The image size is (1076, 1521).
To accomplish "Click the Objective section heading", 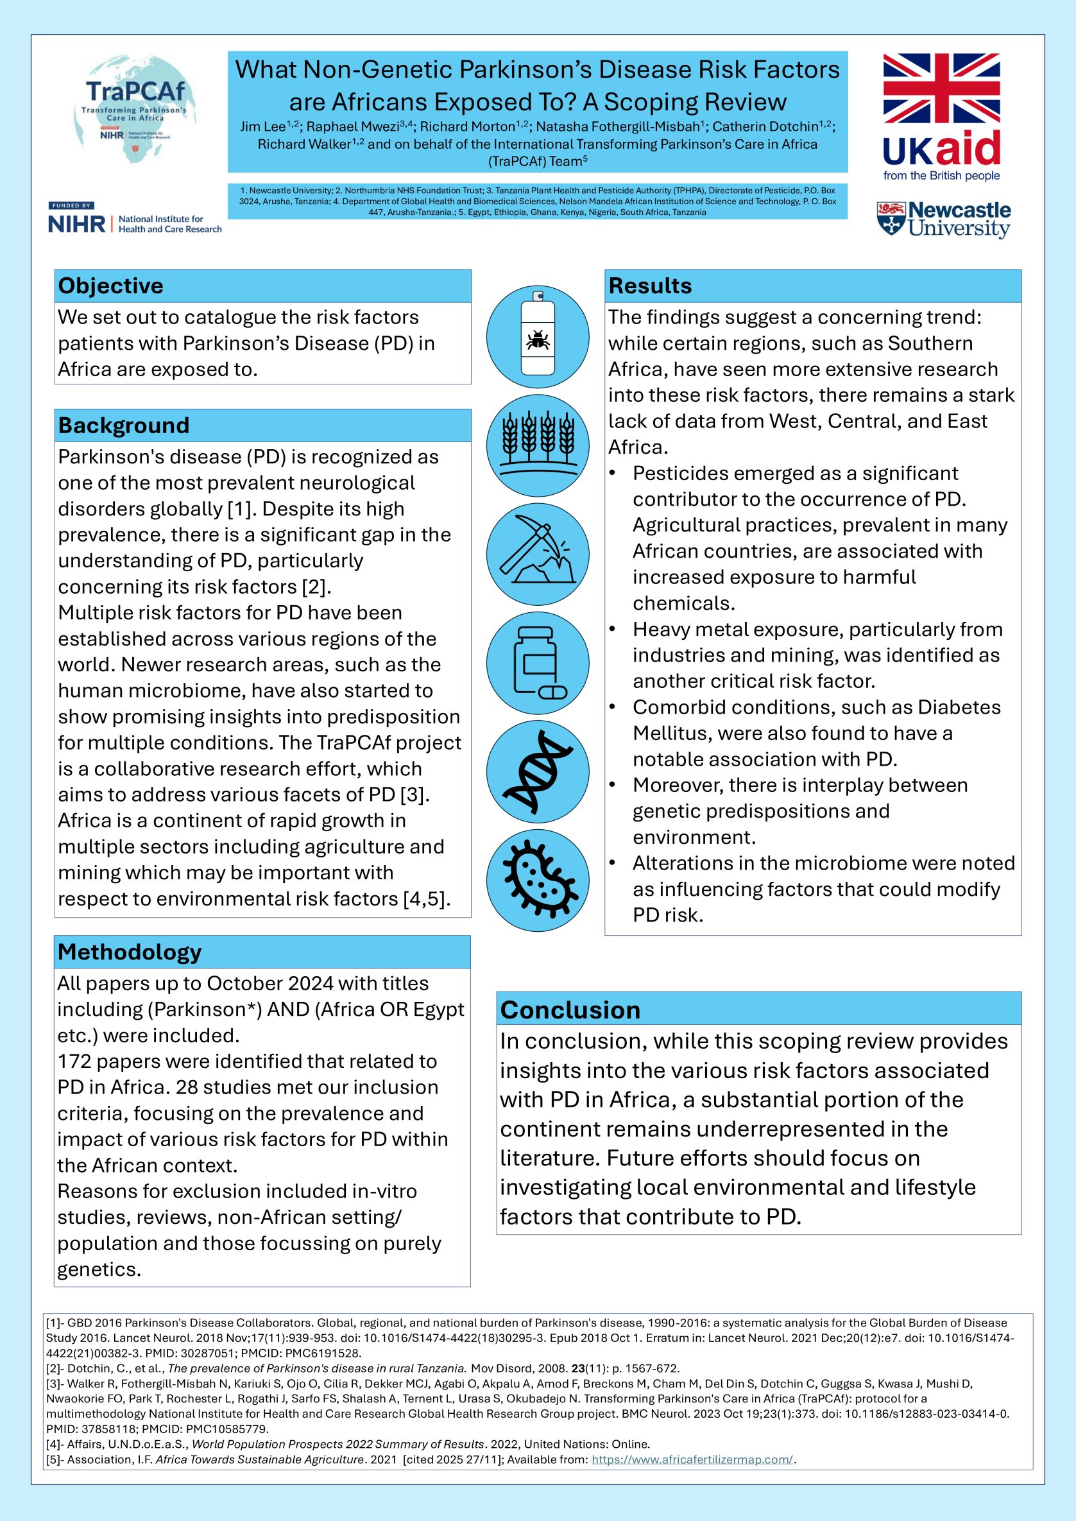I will (110, 286).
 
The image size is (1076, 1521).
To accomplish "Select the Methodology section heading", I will (129, 952).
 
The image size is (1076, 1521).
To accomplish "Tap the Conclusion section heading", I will (570, 1010).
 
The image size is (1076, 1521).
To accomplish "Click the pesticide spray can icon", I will (537, 337).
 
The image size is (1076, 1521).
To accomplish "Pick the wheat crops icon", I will (537, 445).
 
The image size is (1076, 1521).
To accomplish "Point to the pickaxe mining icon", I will (537, 553).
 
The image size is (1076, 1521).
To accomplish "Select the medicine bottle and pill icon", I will (537, 663).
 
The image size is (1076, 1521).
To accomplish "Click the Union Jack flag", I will (941, 89).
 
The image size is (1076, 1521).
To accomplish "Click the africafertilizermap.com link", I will (692, 1459).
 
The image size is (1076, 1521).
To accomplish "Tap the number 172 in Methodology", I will (76, 1061).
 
